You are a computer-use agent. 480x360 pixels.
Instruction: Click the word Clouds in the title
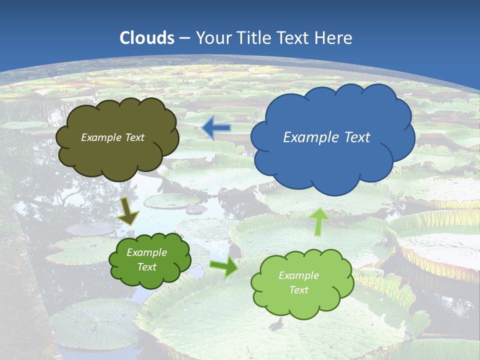(x=147, y=38)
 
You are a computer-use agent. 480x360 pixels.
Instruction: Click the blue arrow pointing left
(x=216, y=128)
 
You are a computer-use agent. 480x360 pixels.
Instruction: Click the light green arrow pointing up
(x=319, y=222)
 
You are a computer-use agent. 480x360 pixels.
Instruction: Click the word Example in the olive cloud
(x=100, y=137)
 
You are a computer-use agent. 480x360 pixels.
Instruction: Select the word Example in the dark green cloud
(x=146, y=252)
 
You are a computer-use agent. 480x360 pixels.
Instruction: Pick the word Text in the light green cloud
(x=298, y=290)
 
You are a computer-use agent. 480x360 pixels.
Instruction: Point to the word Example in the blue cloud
(x=307, y=137)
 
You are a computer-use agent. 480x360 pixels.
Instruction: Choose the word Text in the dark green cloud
(x=146, y=267)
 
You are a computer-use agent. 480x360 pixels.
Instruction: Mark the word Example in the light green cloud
(x=298, y=275)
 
